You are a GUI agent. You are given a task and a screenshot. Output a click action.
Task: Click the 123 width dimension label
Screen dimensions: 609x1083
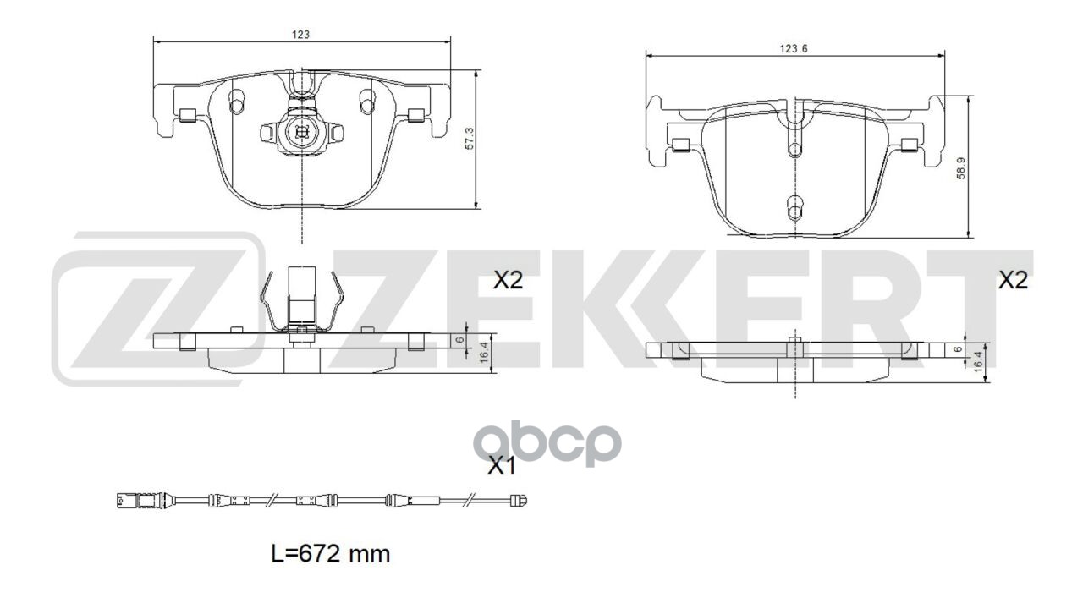(301, 36)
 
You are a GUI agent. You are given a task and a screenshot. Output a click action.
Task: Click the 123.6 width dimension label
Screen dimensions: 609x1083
(794, 49)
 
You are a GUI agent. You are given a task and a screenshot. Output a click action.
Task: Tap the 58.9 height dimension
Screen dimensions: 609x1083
(959, 167)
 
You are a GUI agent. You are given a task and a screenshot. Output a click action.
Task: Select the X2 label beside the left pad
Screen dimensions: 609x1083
(508, 281)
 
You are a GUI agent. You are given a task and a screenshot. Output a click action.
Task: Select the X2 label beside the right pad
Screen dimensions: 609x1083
(1013, 281)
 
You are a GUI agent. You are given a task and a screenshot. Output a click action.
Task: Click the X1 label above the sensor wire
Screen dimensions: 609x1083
(501, 464)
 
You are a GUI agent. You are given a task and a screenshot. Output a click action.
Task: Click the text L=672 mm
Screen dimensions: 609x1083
(331, 555)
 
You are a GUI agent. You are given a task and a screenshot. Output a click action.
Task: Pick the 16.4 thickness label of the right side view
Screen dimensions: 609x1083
(977, 359)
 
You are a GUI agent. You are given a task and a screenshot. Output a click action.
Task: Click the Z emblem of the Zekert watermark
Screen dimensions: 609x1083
(157, 309)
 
